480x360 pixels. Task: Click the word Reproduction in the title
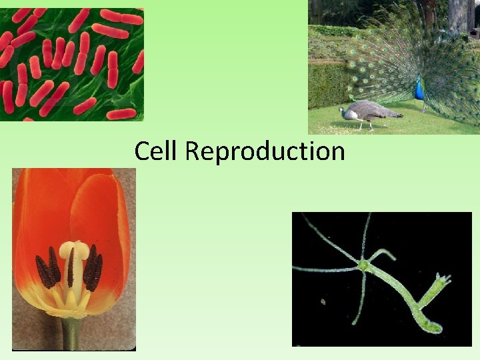(265, 152)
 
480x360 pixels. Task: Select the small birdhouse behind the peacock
(473, 31)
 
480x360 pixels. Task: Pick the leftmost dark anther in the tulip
(44, 272)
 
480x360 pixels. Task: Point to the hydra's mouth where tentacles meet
(363, 265)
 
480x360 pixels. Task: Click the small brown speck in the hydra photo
(323, 301)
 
